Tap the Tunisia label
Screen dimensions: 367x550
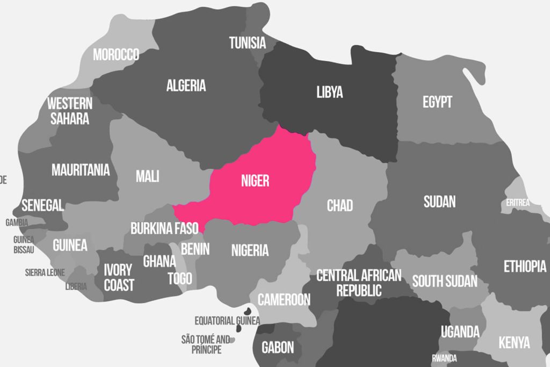click(248, 43)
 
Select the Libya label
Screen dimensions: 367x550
click(329, 92)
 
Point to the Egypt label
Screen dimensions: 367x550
click(437, 102)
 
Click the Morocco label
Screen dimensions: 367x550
click(116, 55)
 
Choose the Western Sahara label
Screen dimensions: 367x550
click(70, 111)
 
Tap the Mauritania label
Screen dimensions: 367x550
click(81, 170)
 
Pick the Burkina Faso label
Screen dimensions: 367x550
click(164, 228)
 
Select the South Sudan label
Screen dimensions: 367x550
click(445, 281)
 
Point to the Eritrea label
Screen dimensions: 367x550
click(518, 203)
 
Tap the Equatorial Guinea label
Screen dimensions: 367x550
click(227, 321)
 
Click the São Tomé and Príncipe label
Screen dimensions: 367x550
click(206, 344)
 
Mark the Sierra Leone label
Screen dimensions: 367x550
click(45, 272)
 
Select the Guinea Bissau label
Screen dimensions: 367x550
click(24, 244)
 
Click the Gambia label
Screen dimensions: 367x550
click(17, 222)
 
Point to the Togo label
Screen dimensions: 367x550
click(179, 278)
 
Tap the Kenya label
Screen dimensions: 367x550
click(514, 342)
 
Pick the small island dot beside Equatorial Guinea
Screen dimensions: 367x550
click(248, 312)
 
